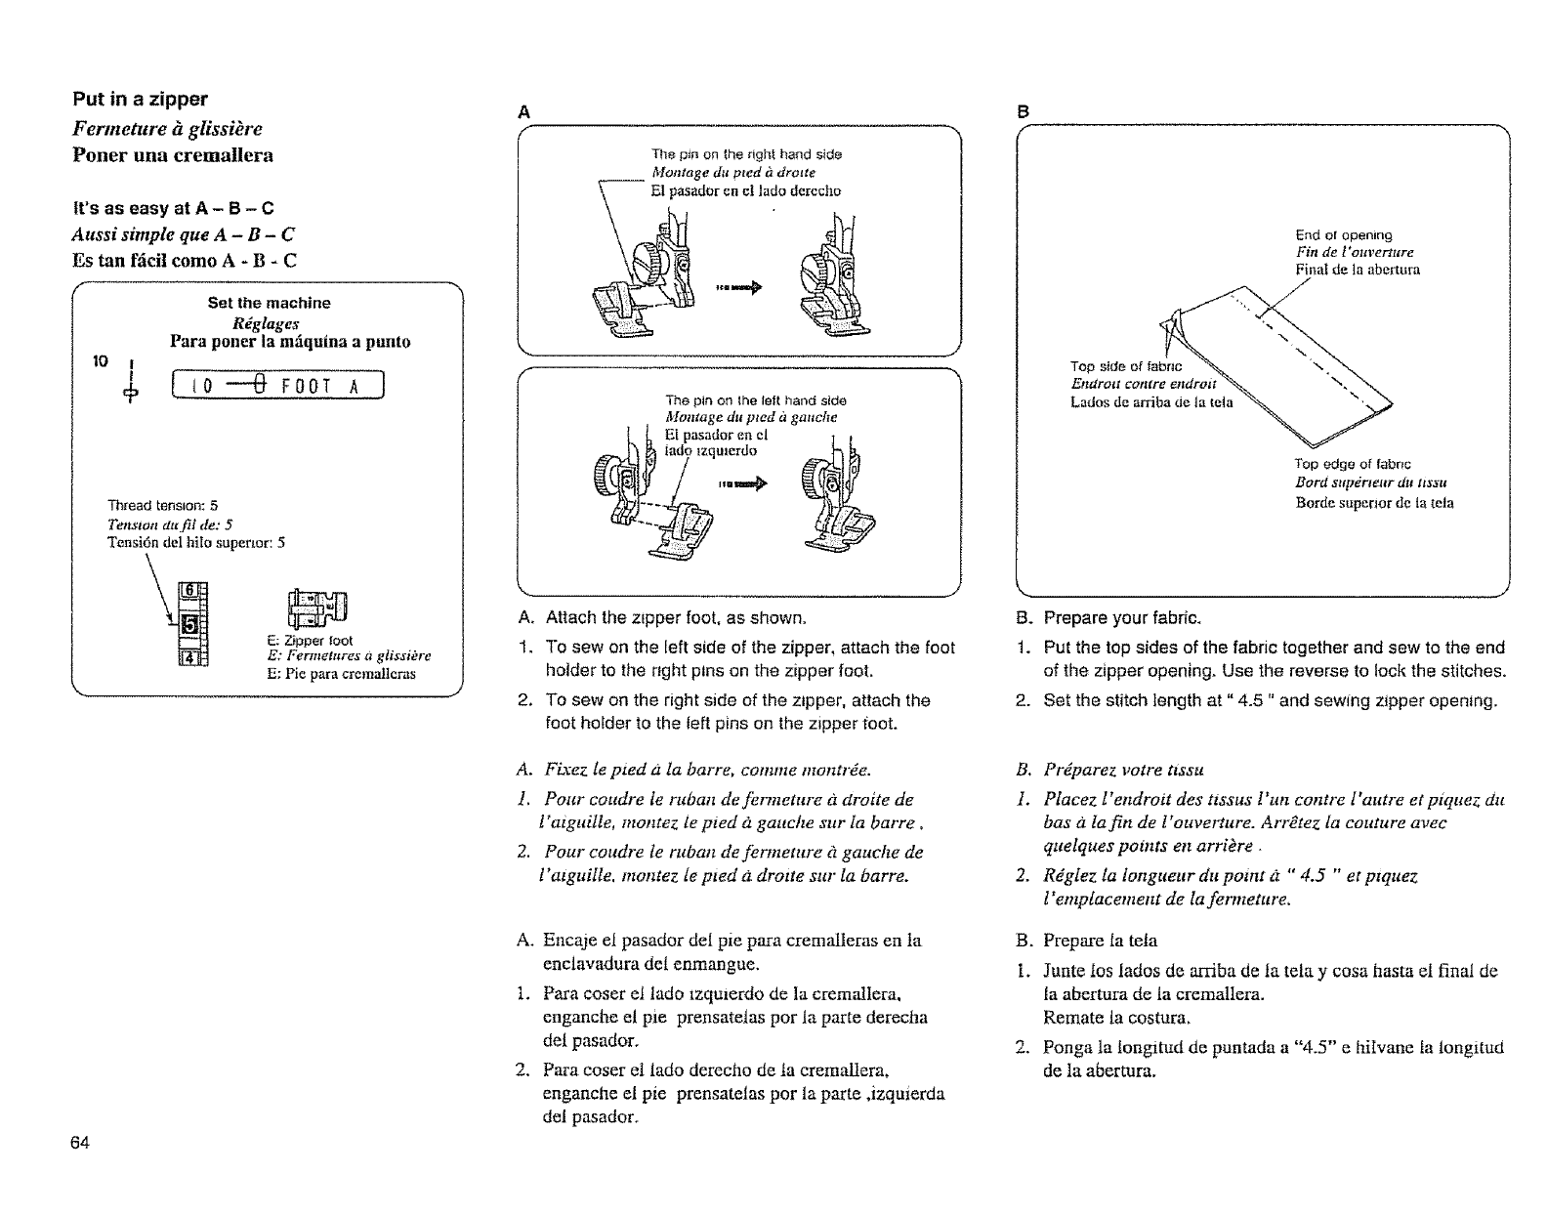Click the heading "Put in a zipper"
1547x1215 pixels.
[x=141, y=100]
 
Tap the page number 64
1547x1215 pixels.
[x=80, y=1144]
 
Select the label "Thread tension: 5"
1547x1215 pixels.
[x=161, y=505]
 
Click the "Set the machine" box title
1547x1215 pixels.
[x=269, y=303]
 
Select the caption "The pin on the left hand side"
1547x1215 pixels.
[x=755, y=400]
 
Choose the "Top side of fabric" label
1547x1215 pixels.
[x=1125, y=367]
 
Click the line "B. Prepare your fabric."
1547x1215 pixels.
[x=1109, y=618]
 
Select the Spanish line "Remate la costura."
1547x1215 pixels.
[x=1106, y=1018]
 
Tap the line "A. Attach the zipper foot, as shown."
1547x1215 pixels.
[x=663, y=618]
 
